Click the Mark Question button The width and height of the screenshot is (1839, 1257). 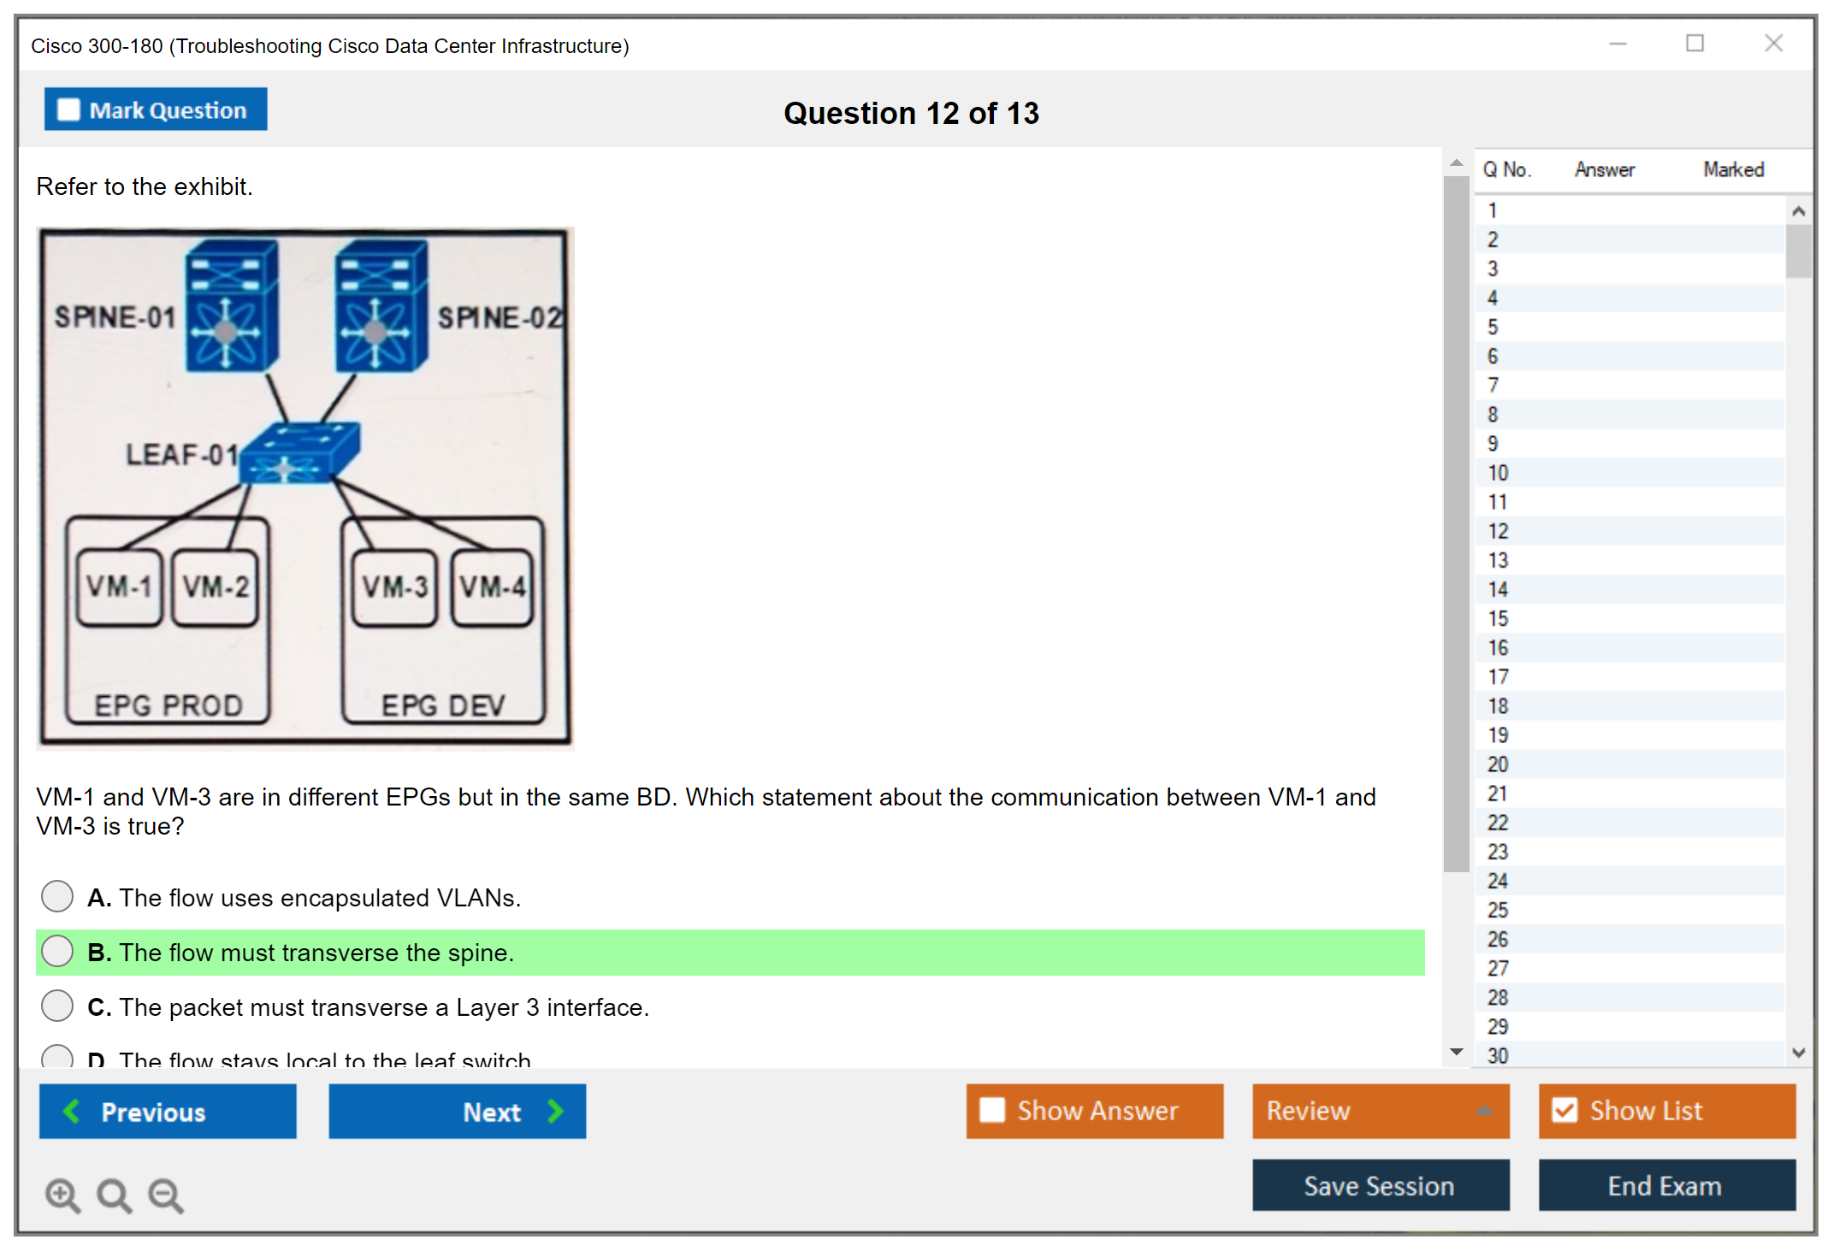coord(156,110)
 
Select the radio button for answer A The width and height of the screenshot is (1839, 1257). coord(57,896)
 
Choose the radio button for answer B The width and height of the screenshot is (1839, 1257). coord(57,951)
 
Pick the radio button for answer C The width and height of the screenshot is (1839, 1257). coord(57,1006)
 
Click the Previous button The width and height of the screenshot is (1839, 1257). coord(168,1111)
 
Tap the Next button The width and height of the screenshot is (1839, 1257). coord(458,1111)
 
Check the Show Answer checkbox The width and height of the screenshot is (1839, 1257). coord(992,1110)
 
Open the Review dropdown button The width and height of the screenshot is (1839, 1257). coord(1381,1111)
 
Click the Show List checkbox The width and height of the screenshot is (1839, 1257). coord(1565,1110)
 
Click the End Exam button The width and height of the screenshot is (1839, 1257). coord(1666,1185)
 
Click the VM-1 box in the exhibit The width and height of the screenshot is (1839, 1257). coord(119,587)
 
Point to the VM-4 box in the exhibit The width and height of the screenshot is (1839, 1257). coord(493,587)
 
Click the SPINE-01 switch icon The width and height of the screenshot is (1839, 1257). coord(231,306)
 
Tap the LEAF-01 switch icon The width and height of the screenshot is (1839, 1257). coord(299,453)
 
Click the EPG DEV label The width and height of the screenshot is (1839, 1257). coord(443,705)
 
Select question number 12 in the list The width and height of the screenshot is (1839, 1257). coord(1498,531)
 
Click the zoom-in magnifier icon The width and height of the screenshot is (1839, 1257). coord(62,1195)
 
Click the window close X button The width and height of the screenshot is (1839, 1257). coord(1773,44)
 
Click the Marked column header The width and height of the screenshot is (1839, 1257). coord(1733,169)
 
